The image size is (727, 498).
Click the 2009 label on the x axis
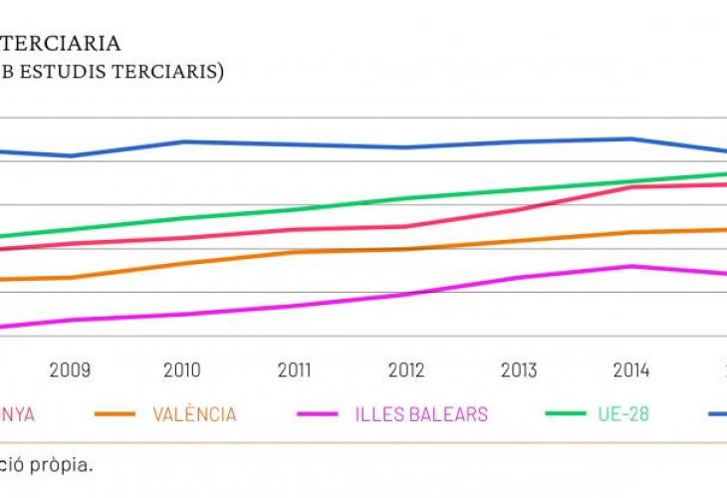(70, 371)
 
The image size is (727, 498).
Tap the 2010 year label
(181, 371)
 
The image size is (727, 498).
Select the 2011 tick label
(294, 371)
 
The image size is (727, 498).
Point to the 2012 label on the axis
(406, 371)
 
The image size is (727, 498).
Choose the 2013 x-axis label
(519, 371)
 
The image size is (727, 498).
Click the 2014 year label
(631, 371)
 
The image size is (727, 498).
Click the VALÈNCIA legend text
(194, 414)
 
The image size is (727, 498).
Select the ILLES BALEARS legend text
(422, 414)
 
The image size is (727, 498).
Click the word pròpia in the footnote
(64, 464)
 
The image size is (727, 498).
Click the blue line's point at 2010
(183, 141)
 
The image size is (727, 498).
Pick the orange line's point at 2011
(294, 252)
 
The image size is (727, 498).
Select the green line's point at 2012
(406, 198)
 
